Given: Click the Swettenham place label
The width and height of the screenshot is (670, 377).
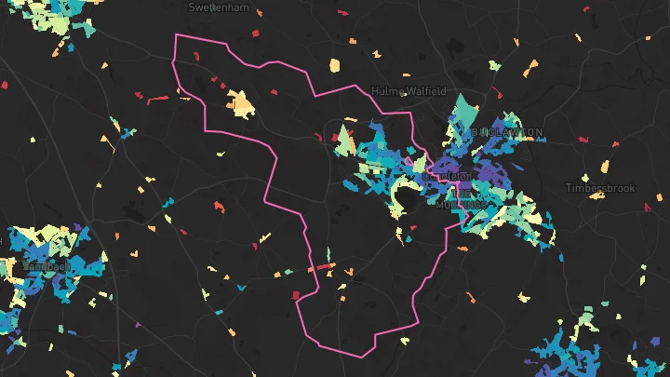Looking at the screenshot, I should click(219, 7).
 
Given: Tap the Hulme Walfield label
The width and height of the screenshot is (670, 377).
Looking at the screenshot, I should click(409, 91).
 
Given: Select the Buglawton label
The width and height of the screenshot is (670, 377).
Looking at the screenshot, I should click(507, 133).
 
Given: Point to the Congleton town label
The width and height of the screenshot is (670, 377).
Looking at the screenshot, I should click(448, 175).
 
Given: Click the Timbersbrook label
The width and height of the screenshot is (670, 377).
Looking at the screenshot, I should click(600, 188).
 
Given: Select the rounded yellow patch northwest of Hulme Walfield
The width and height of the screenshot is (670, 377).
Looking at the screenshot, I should click(335, 66).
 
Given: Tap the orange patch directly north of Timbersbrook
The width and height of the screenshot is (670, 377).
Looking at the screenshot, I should click(605, 168).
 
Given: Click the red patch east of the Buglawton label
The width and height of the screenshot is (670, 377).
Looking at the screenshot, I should click(583, 140).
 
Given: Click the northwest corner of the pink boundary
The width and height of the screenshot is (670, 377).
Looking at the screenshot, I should click(176, 34).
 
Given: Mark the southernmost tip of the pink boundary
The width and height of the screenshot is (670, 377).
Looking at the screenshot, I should click(362, 356).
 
